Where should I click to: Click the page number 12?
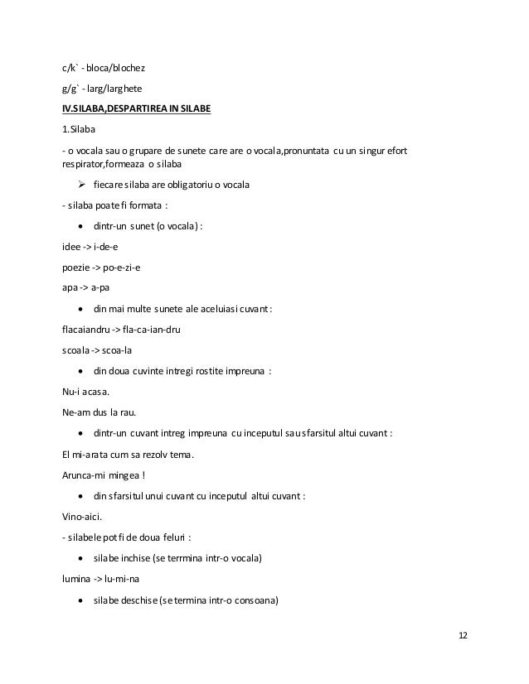tap(462, 634)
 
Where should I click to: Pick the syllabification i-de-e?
tap(107, 245)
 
